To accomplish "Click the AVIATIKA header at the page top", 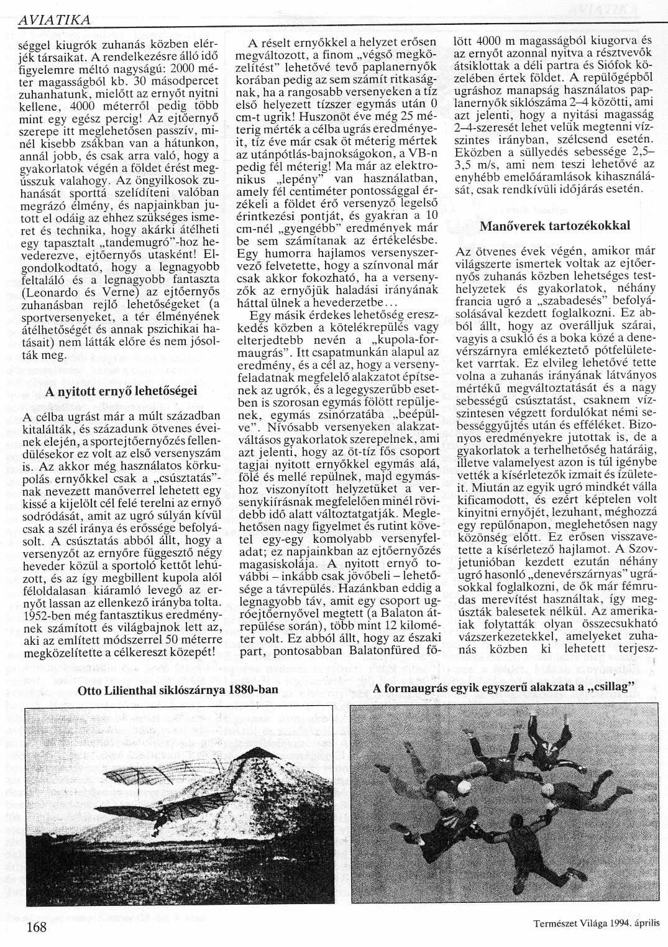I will (55, 20).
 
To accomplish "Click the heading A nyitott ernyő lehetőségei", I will (122, 391).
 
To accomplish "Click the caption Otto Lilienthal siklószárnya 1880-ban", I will (178, 691).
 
